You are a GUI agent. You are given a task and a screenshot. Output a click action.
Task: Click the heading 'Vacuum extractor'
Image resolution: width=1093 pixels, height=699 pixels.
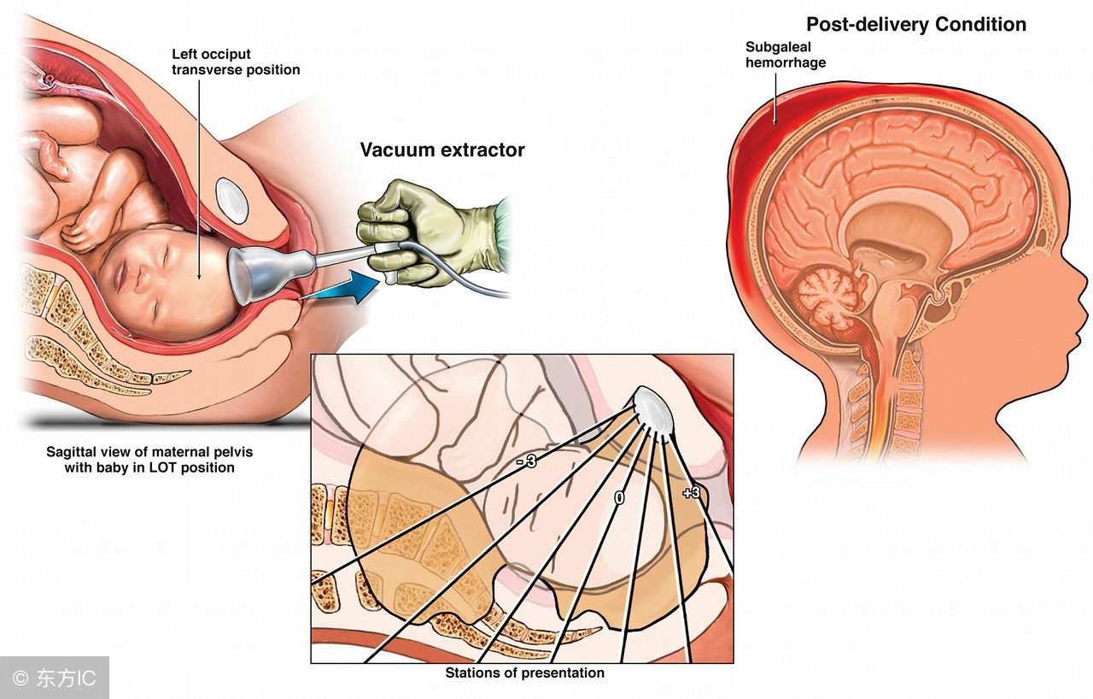pos(441,150)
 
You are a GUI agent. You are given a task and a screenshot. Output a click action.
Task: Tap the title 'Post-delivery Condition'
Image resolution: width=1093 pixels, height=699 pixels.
pos(915,24)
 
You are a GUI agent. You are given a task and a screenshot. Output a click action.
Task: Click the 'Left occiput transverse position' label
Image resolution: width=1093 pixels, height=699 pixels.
pos(236,62)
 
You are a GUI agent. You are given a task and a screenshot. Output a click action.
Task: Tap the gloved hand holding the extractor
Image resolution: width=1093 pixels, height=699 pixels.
pos(418,231)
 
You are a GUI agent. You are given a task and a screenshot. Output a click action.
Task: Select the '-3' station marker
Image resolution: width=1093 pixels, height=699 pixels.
pos(526,462)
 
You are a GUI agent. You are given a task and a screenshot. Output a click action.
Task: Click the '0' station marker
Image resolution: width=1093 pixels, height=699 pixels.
pos(620,497)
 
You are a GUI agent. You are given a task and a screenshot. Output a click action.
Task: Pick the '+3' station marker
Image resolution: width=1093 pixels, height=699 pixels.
pos(691,492)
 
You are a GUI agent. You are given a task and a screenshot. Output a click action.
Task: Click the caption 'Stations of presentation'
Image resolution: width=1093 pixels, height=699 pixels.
pos(524,673)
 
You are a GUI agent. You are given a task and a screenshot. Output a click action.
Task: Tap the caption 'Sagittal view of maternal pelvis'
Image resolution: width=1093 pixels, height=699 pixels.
pos(149,451)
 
